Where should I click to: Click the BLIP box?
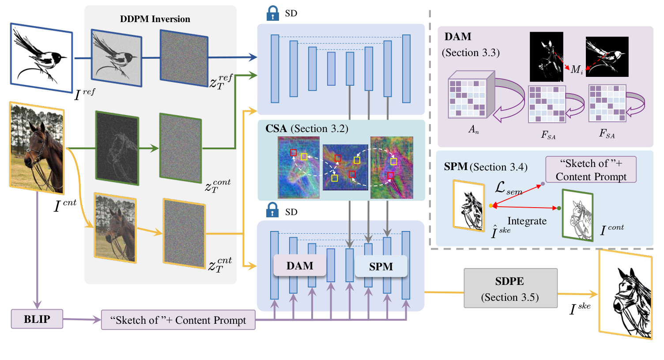coord(37,319)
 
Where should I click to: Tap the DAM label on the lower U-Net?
coord(300,265)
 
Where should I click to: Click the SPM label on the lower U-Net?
coord(381,266)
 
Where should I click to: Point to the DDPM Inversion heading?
coord(155,19)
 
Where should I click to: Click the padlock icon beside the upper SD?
coord(273,13)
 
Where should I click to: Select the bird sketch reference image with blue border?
coord(41,57)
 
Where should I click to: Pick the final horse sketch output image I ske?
coord(626,295)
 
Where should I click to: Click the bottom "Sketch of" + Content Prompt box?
coord(178,320)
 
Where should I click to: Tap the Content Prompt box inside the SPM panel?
coord(591,170)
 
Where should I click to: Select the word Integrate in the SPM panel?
coord(527,221)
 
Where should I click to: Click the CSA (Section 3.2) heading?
coord(307,129)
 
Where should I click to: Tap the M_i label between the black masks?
coord(577,70)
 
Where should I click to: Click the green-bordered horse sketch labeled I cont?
coord(577,215)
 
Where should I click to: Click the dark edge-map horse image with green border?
coord(117,148)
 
